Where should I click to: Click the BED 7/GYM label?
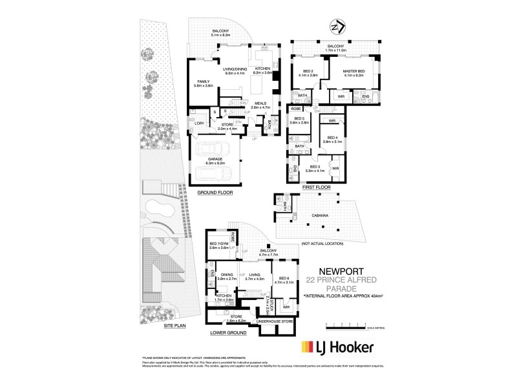220,244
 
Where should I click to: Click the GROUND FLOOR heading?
214,192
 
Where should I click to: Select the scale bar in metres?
349,323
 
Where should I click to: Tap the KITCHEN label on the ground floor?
264,69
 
